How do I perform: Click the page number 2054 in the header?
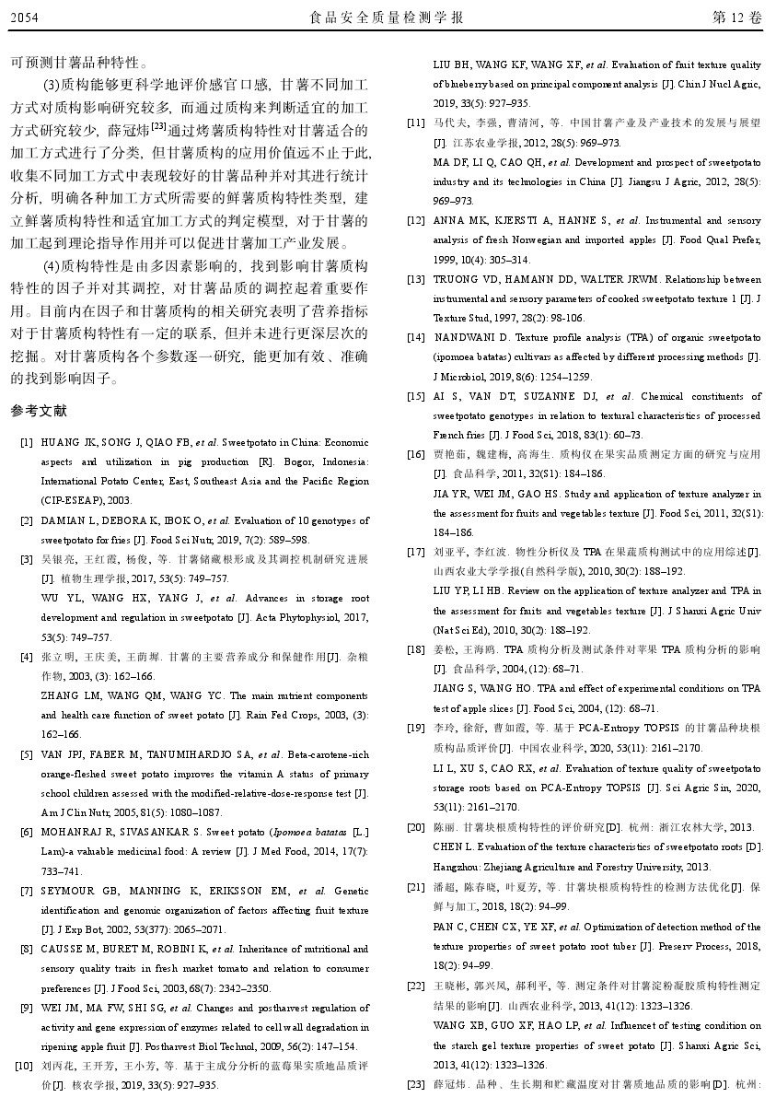point(25,18)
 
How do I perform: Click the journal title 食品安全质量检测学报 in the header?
point(388,18)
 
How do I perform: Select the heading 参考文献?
point(39,410)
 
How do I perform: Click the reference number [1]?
point(27,442)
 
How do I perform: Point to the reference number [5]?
point(27,754)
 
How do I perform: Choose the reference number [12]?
point(416,221)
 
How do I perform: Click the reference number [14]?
point(416,337)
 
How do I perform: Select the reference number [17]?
point(416,552)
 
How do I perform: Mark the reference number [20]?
point(416,827)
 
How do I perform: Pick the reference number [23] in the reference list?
point(416,1084)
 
